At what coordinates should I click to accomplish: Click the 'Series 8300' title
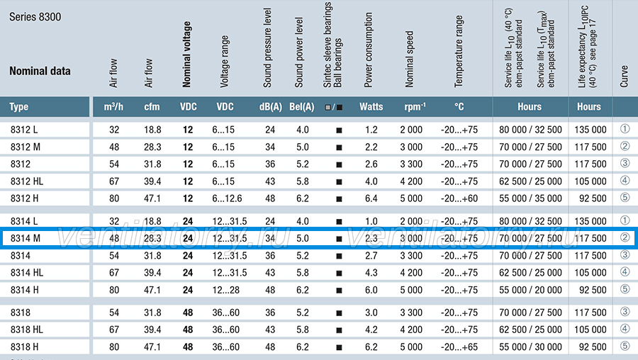[x=35, y=17]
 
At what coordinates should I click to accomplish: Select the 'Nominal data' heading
[x=40, y=71]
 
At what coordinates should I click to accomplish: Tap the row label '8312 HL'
[x=27, y=181]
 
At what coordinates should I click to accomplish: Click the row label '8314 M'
[x=26, y=238]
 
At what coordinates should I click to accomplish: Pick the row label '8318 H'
[x=24, y=347]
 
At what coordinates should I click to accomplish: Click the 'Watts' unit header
[x=371, y=107]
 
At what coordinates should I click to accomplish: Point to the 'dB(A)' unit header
[x=271, y=107]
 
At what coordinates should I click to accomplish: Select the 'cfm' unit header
[x=152, y=107]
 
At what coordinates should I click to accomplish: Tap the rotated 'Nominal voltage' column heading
[x=186, y=54]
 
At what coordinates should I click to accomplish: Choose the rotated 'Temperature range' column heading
[x=459, y=51]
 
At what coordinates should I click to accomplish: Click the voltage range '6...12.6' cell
[x=227, y=198]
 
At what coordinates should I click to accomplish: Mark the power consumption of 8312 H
[x=371, y=198]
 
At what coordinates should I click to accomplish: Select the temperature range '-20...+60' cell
[x=459, y=198]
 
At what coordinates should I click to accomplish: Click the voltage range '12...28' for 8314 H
[x=226, y=290]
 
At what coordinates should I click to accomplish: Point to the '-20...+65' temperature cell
[x=459, y=347]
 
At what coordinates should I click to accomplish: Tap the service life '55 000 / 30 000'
[x=530, y=347]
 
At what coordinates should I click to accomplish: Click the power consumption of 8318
[x=371, y=313]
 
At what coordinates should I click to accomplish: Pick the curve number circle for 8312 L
[x=625, y=129]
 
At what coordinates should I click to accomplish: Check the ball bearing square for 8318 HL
[x=339, y=330]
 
